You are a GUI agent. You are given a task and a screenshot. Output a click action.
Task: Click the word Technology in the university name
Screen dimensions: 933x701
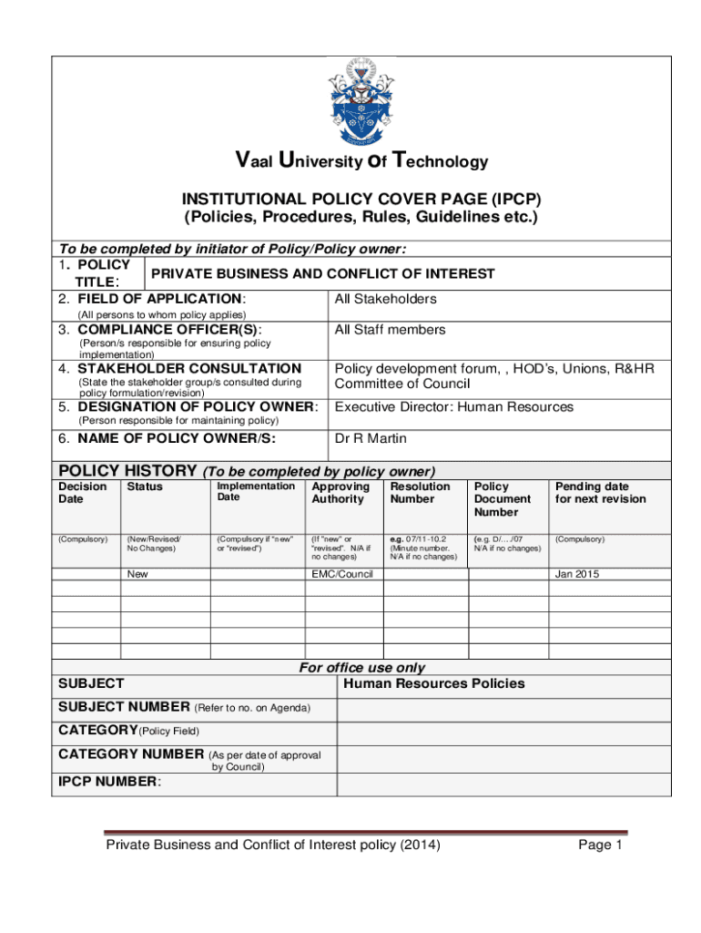point(441,162)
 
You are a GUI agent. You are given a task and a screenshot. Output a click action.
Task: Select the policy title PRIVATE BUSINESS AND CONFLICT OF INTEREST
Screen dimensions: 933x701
point(323,273)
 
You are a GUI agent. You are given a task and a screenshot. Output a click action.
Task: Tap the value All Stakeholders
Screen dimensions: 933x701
point(385,299)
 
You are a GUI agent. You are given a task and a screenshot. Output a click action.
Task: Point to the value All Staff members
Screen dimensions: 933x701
point(390,330)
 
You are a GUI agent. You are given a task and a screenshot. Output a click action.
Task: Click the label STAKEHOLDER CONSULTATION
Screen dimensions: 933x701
point(190,369)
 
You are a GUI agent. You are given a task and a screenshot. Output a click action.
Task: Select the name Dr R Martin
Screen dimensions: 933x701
point(371,439)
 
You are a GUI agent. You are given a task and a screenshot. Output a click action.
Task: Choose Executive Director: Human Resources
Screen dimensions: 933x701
point(454,407)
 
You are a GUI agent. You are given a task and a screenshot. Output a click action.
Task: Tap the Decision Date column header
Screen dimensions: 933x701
point(83,493)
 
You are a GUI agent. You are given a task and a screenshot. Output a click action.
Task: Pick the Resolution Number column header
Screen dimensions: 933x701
point(420,493)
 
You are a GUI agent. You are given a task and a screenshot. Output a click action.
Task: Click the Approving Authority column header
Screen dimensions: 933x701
point(340,493)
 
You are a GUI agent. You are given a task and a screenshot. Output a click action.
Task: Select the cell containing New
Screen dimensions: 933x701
point(137,574)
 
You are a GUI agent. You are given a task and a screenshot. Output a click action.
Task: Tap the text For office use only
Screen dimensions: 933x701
point(362,668)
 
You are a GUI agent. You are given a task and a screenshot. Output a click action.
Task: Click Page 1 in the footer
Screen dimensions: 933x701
point(600,846)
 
